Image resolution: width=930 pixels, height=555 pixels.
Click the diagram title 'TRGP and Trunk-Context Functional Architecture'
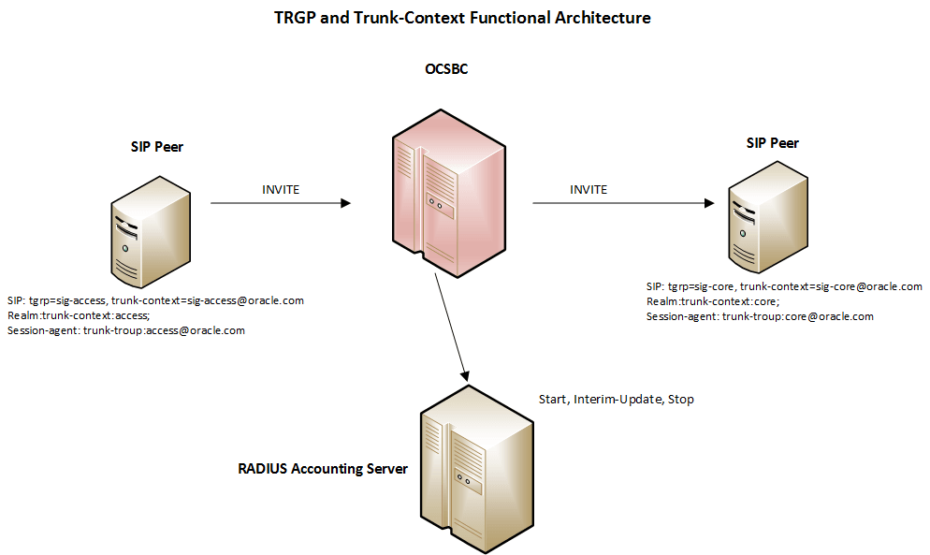[462, 18]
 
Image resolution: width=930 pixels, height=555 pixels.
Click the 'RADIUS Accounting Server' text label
[323, 468]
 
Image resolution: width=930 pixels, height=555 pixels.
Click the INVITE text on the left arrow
[281, 189]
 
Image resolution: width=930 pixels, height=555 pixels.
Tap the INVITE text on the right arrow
[589, 189]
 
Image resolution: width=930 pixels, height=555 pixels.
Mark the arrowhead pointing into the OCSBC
[346, 202]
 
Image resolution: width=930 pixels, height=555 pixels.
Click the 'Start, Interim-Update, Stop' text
[616, 400]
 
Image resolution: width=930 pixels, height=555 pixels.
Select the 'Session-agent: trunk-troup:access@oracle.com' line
[125, 330]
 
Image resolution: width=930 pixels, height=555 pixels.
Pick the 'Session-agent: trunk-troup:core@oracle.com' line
[760, 316]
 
